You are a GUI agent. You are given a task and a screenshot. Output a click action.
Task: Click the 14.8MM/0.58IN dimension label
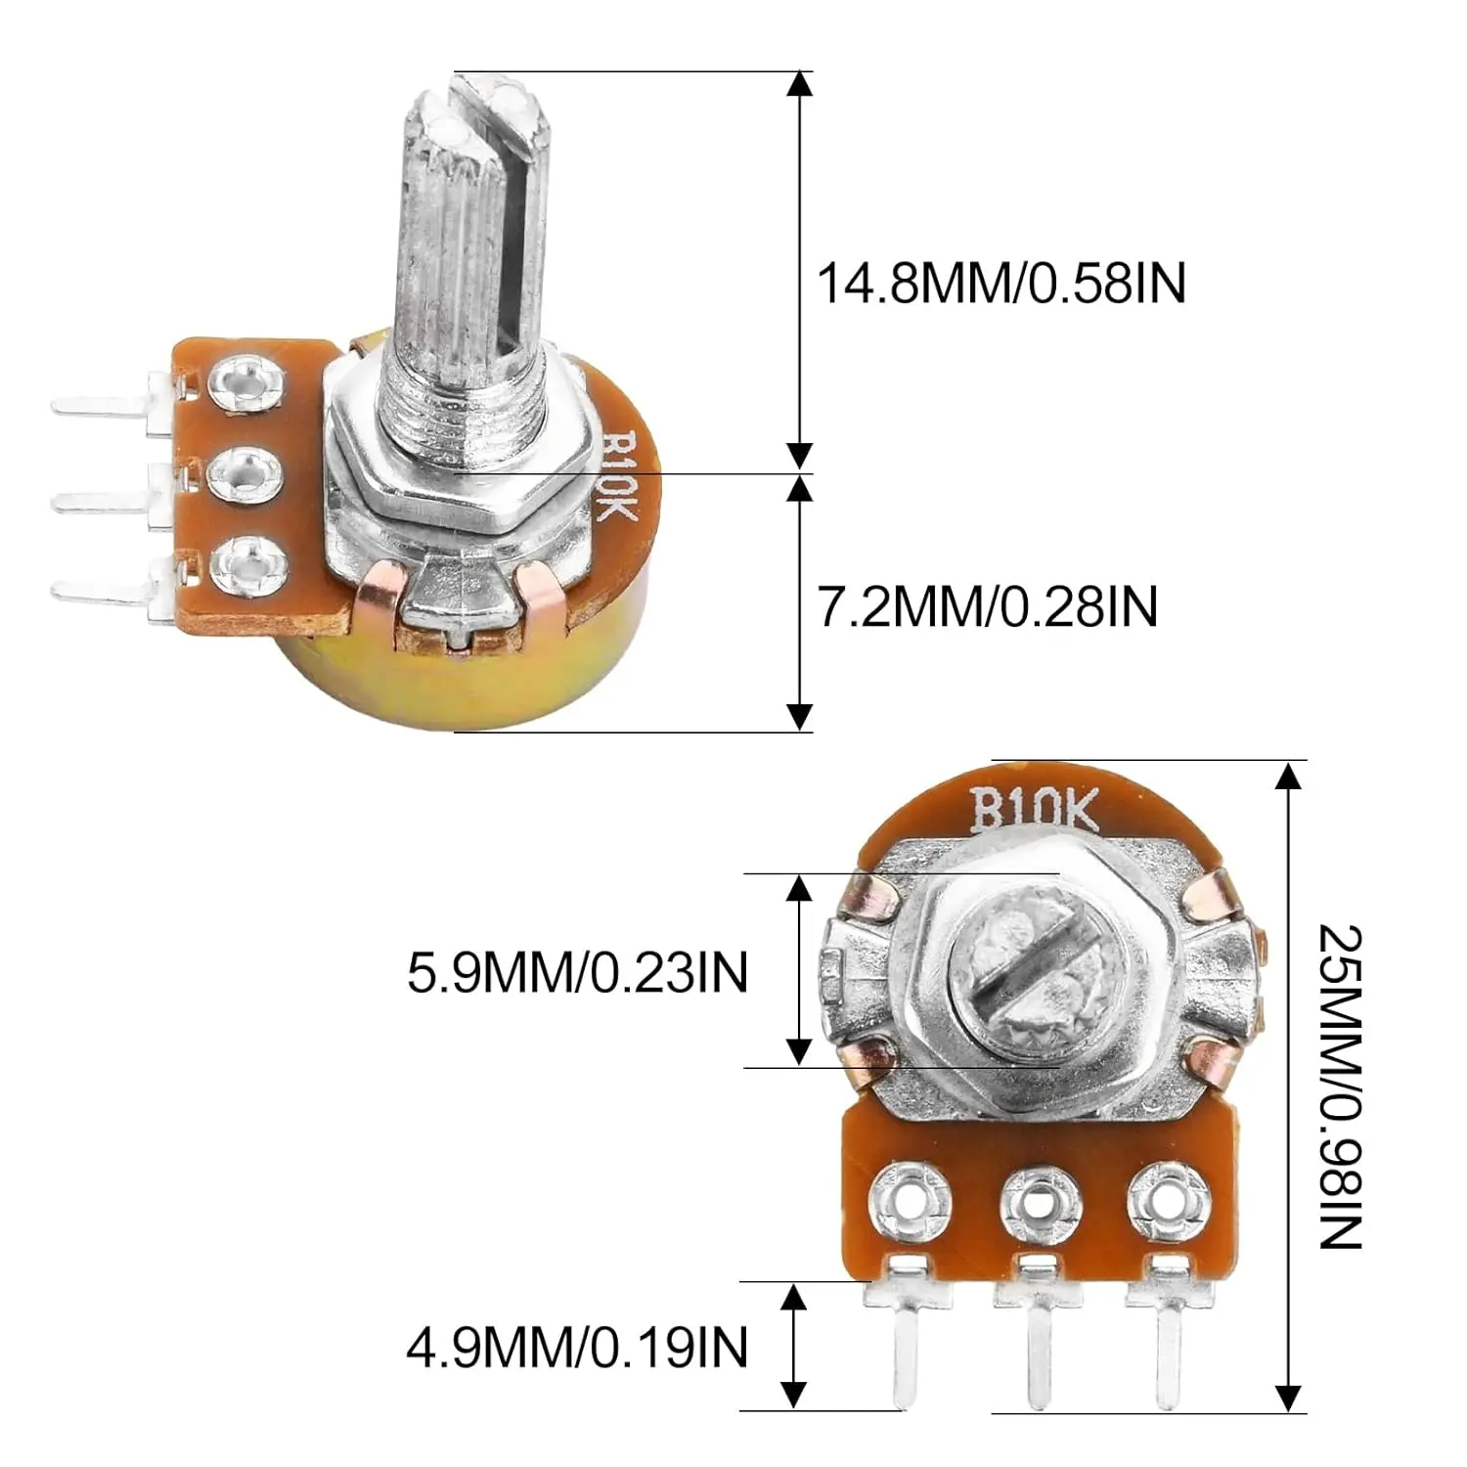coord(1000,284)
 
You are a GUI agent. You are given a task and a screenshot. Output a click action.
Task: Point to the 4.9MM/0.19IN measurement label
coord(577,1348)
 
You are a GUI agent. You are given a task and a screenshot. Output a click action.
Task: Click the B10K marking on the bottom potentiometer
coord(1034,812)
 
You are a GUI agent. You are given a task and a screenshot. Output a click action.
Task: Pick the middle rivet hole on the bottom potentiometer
coord(1040,1200)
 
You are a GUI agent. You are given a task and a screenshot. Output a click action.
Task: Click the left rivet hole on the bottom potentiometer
coord(911,1200)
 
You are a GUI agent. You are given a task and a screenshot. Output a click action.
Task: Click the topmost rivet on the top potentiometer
coord(248,381)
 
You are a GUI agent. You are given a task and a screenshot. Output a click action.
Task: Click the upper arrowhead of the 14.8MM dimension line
coord(800,84)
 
